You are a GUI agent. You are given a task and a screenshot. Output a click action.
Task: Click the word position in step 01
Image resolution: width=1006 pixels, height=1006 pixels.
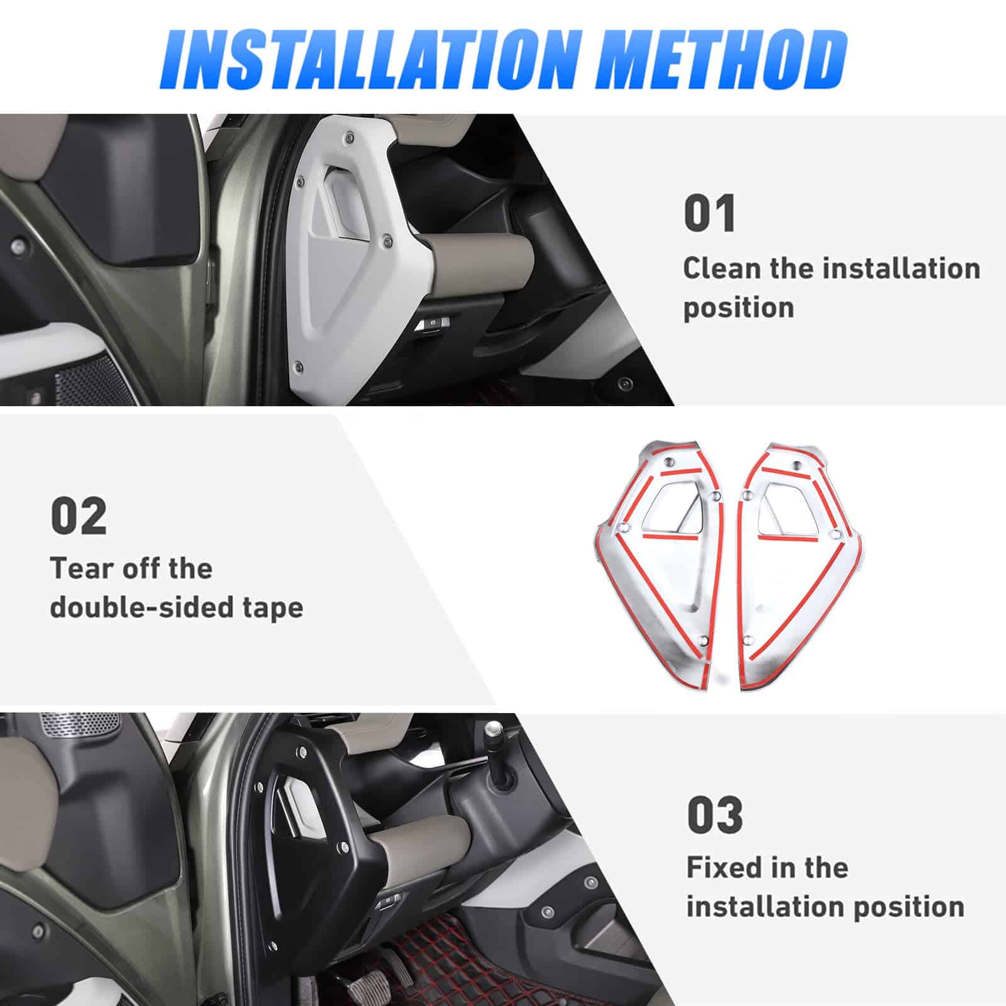pyautogui.click(x=738, y=308)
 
